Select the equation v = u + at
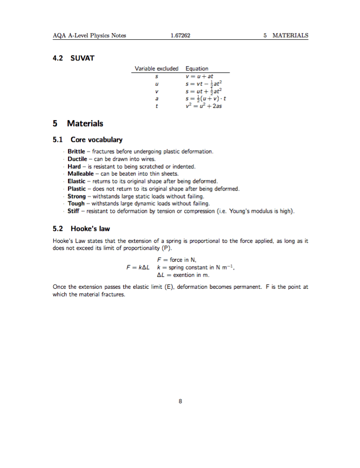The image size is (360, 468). pyautogui.click(x=200, y=76)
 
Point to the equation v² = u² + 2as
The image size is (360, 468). pyautogui.click(x=204, y=106)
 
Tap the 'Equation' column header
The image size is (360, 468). pyautogui.click(x=197, y=69)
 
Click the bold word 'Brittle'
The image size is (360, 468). pyautogui.click(x=76, y=151)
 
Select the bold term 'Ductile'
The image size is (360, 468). pyautogui.click(x=77, y=159)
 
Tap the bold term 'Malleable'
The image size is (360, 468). pyautogui.click(x=80, y=174)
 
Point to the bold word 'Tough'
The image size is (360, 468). pyautogui.click(x=76, y=204)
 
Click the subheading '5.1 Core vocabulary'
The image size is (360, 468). pyautogui.click(x=87, y=139)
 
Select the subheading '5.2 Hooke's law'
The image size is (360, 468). pyautogui.click(x=81, y=229)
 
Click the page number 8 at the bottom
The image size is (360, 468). pyautogui.click(x=180, y=402)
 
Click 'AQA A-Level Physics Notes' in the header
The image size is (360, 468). pyautogui.click(x=89, y=36)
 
